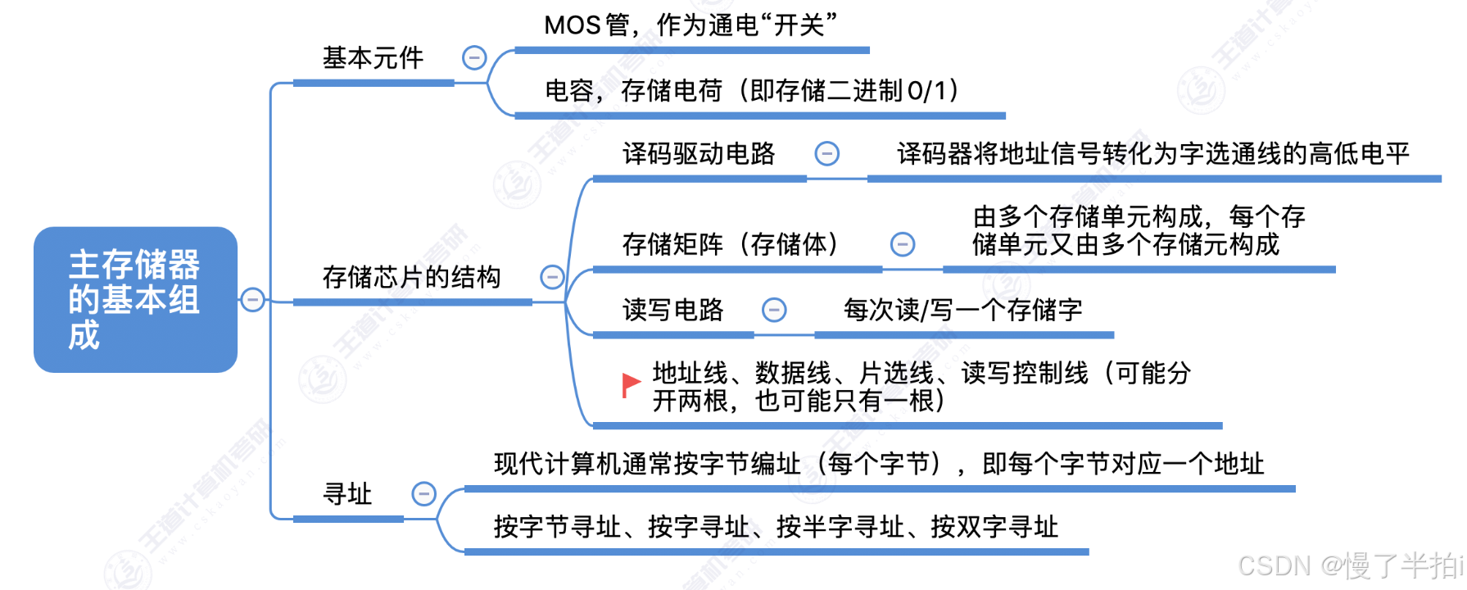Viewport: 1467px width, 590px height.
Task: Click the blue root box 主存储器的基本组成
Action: pos(135,299)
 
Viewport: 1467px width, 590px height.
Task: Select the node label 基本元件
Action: pos(373,58)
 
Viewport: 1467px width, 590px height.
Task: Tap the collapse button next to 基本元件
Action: pos(474,57)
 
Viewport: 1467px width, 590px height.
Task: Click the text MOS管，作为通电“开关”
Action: pos(690,25)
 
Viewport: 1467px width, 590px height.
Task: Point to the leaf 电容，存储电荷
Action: pos(751,90)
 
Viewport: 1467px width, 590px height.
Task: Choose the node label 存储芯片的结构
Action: pos(411,277)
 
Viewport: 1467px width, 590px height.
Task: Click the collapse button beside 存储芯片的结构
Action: pos(552,277)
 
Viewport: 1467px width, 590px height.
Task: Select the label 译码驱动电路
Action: pos(699,153)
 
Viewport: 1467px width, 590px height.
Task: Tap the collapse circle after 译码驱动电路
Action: pos(827,153)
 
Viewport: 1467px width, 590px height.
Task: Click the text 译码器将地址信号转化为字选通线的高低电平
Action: pos(1153,153)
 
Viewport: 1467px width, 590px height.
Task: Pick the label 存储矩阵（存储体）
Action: pos(731,244)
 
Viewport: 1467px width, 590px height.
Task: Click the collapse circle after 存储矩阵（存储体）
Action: pos(903,244)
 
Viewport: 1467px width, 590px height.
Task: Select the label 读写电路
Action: pos(673,310)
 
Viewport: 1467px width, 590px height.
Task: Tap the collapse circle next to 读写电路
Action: pos(774,310)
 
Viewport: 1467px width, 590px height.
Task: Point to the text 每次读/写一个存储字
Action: pos(963,310)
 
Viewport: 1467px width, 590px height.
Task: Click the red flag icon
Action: pos(631,383)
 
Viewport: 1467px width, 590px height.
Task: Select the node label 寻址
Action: pos(347,494)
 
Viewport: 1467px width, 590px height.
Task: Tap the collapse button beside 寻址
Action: pos(423,493)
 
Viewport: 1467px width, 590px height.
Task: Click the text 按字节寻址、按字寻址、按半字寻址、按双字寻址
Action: pos(776,527)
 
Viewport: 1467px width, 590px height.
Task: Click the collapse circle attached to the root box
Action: pos(253,300)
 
